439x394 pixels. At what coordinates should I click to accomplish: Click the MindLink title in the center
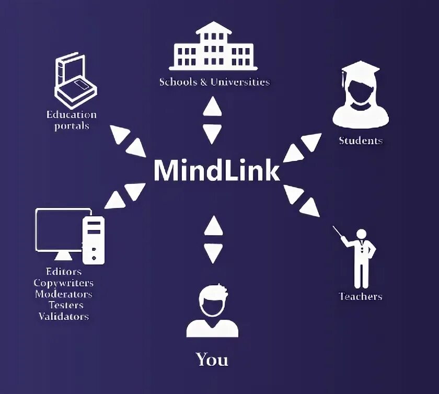[x=216, y=170]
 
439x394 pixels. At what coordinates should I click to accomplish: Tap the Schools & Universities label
[x=214, y=82]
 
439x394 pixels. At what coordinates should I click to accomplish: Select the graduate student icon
[x=361, y=97]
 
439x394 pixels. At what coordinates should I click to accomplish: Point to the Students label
[x=361, y=141]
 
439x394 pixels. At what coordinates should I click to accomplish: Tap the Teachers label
[x=360, y=296]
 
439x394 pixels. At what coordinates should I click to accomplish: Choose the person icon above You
[x=212, y=311]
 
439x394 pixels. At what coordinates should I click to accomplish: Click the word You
[x=212, y=360]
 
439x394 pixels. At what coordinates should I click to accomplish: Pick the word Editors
[x=64, y=272]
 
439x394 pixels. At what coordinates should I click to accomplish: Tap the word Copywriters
[x=64, y=283]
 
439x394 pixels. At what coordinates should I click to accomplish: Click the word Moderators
[x=64, y=294]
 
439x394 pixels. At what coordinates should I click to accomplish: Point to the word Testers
[x=66, y=305]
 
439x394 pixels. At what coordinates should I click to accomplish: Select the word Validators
[x=64, y=316]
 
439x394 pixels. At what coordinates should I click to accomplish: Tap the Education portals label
[x=72, y=120]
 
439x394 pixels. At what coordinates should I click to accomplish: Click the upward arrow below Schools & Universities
[x=212, y=108]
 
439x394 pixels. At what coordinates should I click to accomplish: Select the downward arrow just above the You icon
[x=212, y=253]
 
